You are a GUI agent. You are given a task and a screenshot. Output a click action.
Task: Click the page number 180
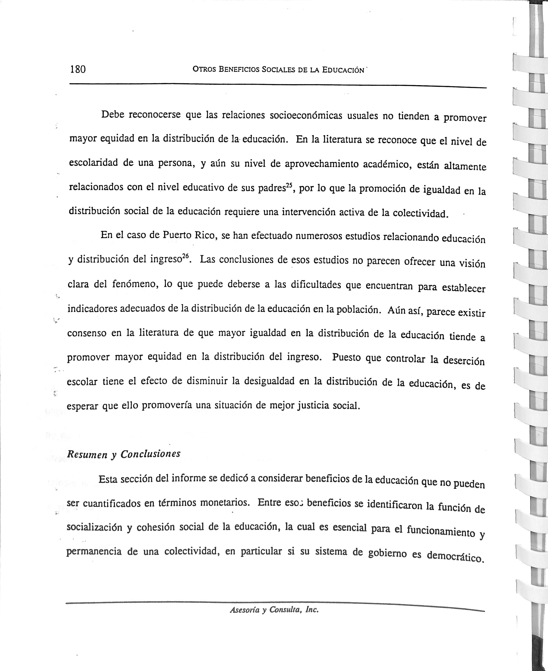78,69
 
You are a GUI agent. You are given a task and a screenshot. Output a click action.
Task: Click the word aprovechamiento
321,164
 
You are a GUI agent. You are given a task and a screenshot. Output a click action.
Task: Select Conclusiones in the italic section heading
150,454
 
